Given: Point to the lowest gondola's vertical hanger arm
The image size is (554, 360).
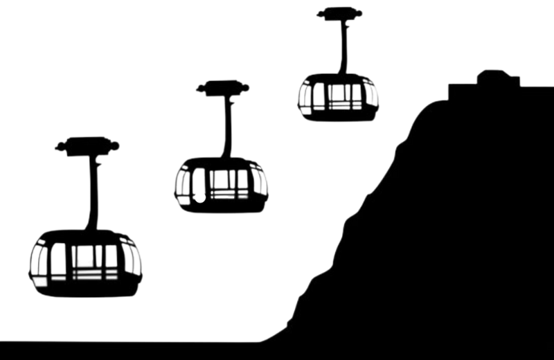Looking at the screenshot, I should coord(89,194).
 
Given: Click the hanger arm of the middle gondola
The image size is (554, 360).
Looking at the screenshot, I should coord(226,128).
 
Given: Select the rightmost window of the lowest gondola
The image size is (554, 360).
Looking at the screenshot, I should coord(132,260).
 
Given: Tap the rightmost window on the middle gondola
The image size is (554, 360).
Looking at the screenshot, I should coord(262,181).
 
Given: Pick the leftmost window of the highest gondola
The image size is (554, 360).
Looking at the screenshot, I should coord(304,96).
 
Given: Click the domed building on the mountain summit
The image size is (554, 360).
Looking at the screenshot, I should coord(497,78).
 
